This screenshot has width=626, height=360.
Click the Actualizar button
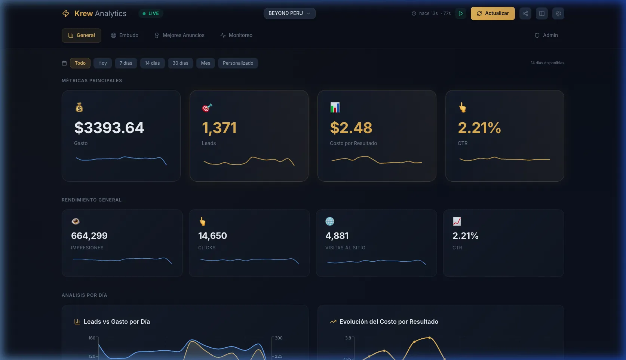coord(492,13)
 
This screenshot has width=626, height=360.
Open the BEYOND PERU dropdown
coord(289,13)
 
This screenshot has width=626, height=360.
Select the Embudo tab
coord(125,36)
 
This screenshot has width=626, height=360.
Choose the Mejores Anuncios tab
coord(179,36)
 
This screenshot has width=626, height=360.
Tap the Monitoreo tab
coord(236,36)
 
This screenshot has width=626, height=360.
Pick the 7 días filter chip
coord(126,63)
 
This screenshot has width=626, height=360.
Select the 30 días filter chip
coord(180,63)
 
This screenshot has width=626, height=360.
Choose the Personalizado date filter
coord(238,63)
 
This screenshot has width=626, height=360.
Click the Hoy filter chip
coord(102,63)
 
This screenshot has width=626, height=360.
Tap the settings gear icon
coord(558,13)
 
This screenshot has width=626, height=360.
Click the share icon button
coord(525,13)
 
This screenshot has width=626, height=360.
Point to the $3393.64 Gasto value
coord(109,128)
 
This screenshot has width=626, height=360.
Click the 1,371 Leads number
coord(219,128)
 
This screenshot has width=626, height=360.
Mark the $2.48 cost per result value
coord(351,128)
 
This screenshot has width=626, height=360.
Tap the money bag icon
coord(79,108)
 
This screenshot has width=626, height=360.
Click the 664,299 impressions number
coord(89,236)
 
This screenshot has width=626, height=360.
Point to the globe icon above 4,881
coord(329,221)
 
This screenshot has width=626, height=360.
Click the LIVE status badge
coord(151,13)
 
